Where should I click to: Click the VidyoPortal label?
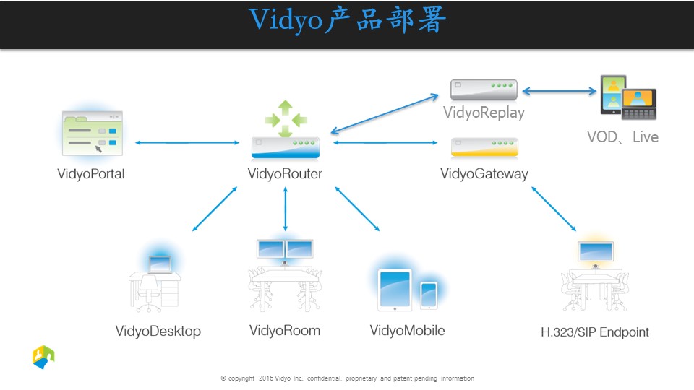[x=91, y=174]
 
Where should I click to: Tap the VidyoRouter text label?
[x=285, y=174]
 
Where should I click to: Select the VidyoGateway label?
[x=484, y=174]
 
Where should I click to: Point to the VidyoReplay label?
[x=484, y=113]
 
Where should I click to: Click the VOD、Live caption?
[x=622, y=136]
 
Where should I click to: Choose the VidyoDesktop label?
[x=158, y=331]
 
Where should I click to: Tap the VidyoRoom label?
[x=285, y=331]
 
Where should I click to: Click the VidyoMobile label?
[x=407, y=331]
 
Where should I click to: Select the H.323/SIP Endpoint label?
[x=595, y=332]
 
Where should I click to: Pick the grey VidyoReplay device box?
[x=484, y=90]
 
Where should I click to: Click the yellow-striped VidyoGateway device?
[x=484, y=147]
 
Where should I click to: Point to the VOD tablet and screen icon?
[x=627, y=97]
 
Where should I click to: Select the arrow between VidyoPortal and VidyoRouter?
[x=187, y=143]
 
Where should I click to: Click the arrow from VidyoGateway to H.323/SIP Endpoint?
[x=554, y=209]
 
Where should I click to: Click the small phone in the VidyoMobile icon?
[x=429, y=295]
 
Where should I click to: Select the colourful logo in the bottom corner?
[x=43, y=357]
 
